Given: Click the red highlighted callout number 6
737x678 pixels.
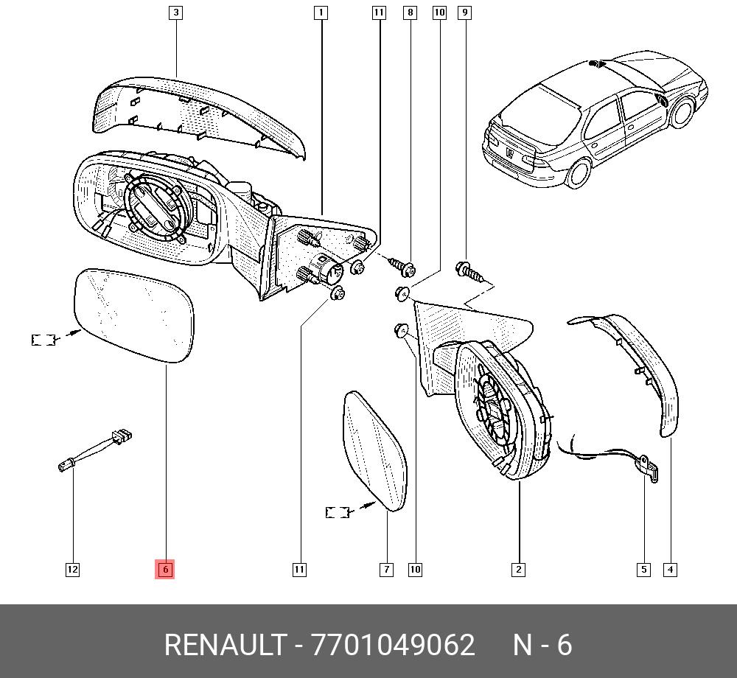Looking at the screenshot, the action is [165, 570].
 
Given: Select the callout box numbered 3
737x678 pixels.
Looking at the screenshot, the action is [176, 13].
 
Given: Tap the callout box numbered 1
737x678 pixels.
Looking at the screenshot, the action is [321, 13].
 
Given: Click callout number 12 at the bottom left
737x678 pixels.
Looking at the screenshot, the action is [72, 570].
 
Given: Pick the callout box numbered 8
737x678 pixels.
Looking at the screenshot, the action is [410, 13].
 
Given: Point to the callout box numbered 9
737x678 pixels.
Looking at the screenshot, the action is [464, 13].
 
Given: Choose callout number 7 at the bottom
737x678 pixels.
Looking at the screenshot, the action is [386, 570].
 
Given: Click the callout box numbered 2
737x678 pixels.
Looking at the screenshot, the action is [518, 570].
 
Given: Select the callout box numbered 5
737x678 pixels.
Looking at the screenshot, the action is [643, 570].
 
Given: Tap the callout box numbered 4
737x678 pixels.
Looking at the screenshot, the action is [670, 570].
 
